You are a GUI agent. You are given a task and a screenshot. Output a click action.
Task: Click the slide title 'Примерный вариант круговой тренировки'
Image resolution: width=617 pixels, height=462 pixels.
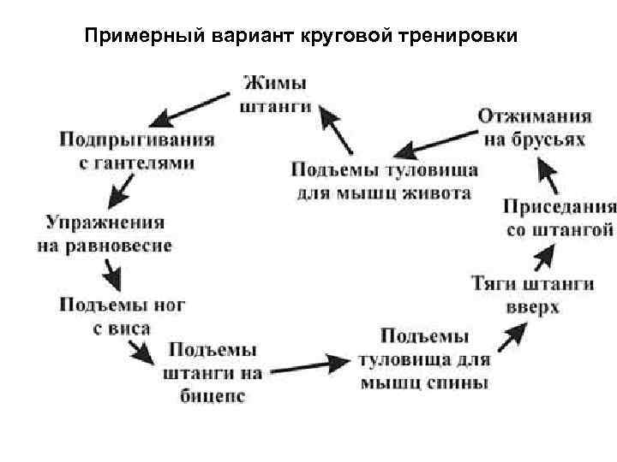[x=303, y=37]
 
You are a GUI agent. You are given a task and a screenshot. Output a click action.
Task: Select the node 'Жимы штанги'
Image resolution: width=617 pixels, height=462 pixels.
[x=275, y=95]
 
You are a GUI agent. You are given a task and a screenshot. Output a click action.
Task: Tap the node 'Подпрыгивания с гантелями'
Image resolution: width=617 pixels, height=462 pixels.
[x=137, y=150]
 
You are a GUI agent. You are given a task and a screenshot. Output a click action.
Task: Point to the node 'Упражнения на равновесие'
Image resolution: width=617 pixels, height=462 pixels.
[x=105, y=234]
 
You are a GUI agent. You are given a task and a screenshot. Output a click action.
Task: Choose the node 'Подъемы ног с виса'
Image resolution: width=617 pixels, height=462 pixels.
[x=123, y=316]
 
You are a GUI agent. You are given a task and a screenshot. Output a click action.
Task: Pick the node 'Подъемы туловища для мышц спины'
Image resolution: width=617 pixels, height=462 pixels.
[x=424, y=358]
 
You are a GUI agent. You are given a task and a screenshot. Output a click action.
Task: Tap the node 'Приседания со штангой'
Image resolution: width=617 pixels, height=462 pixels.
[x=559, y=217]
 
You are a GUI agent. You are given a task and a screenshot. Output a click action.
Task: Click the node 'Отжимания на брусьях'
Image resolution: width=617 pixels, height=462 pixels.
[x=534, y=127]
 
